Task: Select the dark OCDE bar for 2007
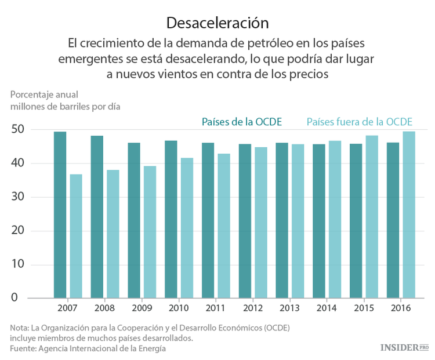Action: tap(60, 214)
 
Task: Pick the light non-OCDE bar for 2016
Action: tap(409, 214)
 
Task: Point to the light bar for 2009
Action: tap(150, 232)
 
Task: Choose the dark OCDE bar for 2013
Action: tap(282, 220)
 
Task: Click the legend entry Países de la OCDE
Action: tap(241, 122)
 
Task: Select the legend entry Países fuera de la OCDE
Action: tap(359, 122)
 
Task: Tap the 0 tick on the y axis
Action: tap(21, 298)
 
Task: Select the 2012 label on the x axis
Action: tap(253, 308)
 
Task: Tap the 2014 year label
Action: tap(327, 308)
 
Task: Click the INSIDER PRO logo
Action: tap(404, 347)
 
